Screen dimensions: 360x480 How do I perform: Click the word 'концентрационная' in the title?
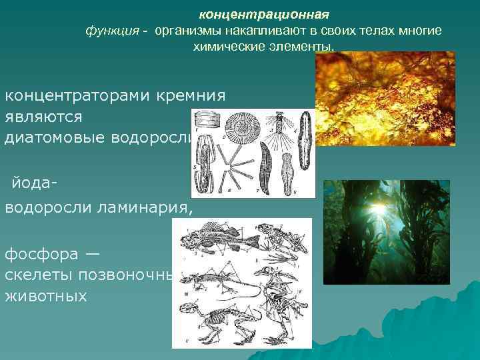click(x=264, y=14)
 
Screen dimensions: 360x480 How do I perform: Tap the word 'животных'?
click(x=46, y=295)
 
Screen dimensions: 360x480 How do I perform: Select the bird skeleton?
click(x=283, y=287)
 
